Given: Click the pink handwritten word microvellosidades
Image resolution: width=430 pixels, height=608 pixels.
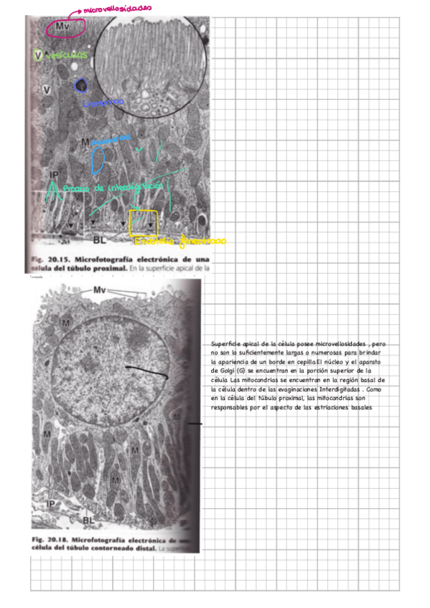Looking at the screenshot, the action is [117, 9].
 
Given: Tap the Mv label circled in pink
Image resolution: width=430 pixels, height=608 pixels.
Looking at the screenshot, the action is [65, 27].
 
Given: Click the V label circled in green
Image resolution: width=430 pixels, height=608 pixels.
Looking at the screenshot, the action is [38, 54].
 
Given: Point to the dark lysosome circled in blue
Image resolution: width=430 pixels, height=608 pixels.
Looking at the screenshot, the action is [83, 86].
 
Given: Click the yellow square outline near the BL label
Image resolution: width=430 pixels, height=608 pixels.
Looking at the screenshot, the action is [143, 223].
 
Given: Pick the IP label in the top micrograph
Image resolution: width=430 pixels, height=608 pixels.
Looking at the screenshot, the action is [54, 175].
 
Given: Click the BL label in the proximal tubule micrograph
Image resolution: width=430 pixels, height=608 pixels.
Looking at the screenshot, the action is [100, 240].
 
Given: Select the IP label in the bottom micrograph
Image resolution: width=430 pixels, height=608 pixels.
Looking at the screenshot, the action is [51, 504].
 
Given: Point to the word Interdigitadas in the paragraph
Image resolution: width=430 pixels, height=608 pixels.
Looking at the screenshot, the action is [329, 389].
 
